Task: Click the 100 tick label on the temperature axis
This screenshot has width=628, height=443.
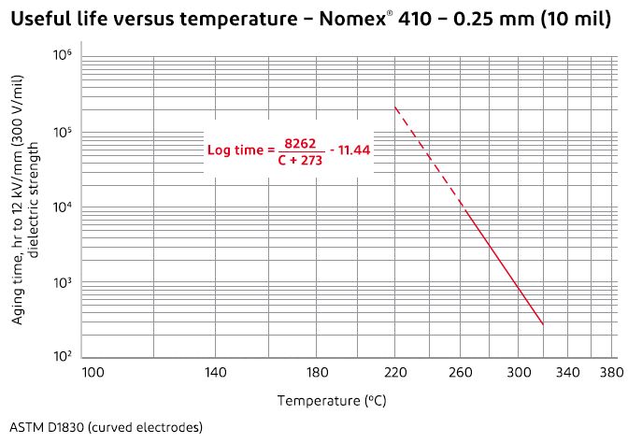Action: (x=93, y=372)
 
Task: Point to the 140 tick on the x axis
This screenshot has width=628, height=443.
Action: (x=215, y=372)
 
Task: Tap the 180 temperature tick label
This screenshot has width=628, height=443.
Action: (x=318, y=372)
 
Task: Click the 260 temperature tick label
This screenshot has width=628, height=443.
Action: (x=461, y=372)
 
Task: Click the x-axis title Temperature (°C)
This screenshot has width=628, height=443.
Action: (x=332, y=400)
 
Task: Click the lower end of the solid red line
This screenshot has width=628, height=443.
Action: (x=543, y=324)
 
